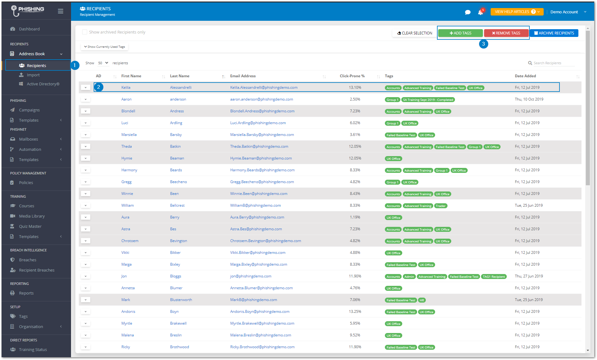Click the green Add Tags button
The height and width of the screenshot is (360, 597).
pos(460,33)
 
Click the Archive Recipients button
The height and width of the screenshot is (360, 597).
pos(554,33)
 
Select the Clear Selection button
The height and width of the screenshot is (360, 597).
pos(415,33)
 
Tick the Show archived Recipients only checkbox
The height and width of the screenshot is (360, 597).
pos(84,32)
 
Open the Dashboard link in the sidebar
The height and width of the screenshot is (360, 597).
pos(29,29)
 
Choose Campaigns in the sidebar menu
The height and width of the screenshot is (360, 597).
pos(29,110)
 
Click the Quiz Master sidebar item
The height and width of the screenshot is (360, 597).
pos(30,226)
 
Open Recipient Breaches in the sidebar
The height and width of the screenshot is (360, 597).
pos(37,270)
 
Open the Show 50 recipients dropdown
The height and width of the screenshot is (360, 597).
pos(103,63)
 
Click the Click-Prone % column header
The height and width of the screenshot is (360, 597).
pos(352,76)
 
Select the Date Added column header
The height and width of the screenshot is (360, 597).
pos(525,76)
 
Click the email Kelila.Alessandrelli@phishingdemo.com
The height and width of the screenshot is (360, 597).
pos(264,88)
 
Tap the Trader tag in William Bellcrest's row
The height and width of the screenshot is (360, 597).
pos(440,206)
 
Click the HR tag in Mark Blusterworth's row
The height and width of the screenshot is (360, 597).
pos(422,300)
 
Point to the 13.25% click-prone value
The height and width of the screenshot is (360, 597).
pos(355,312)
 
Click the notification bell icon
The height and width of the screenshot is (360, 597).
pos(480,12)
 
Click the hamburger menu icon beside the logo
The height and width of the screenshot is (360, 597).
pos(60,11)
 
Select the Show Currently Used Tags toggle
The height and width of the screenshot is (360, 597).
pos(105,47)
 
